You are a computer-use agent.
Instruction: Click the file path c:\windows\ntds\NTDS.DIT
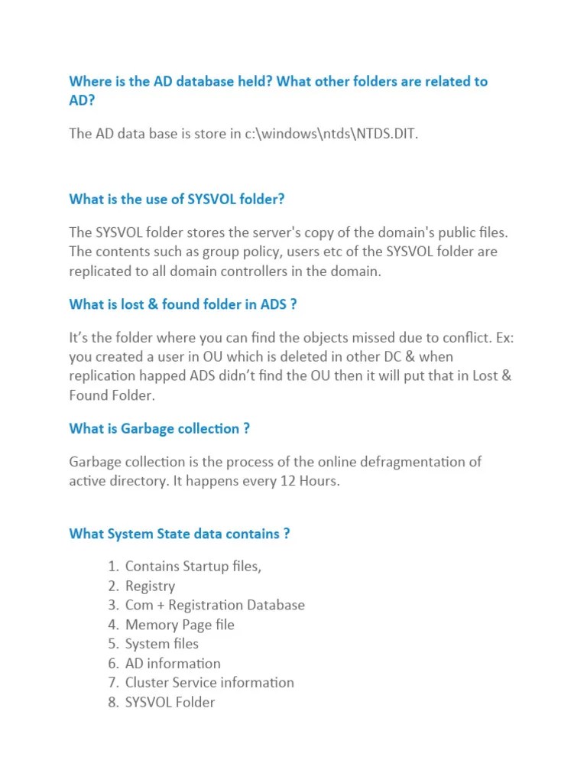pos(332,134)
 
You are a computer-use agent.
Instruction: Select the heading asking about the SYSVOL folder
pos(177,199)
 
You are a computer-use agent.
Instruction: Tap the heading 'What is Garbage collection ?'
pos(159,428)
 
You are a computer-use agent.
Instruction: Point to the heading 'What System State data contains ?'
pos(179,534)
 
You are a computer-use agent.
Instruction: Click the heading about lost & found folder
pos(183,304)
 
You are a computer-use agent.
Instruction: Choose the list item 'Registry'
pos(150,586)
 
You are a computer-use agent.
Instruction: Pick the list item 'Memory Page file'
pos(180,625)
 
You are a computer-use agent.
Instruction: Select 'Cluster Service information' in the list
pos(209,682)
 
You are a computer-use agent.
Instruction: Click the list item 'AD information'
pos(173,663)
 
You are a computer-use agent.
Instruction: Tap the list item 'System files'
pos(162,644)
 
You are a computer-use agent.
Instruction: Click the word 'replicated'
pos(99,271)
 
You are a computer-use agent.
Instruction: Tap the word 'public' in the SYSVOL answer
pos(443,232)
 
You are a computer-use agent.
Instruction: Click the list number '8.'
pos(114,702)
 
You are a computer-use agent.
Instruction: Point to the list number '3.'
pos(114,606)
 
